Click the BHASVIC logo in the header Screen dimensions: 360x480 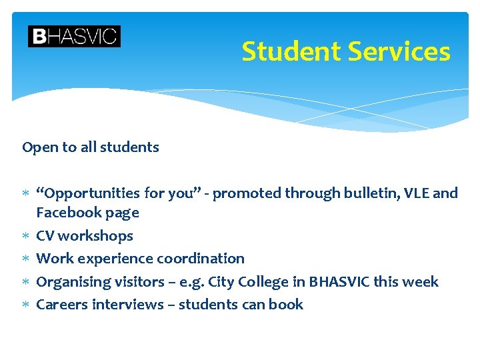pos(74,36)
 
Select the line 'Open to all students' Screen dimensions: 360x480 pos(91,147)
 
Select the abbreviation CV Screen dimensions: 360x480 pos(45,235)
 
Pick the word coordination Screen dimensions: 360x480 pos(200,258)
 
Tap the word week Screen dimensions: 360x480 pos(421,281)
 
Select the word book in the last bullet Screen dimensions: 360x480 pos(287,304)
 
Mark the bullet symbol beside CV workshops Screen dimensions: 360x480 pos(25,236)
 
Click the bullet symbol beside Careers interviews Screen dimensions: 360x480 pos(25,305)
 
